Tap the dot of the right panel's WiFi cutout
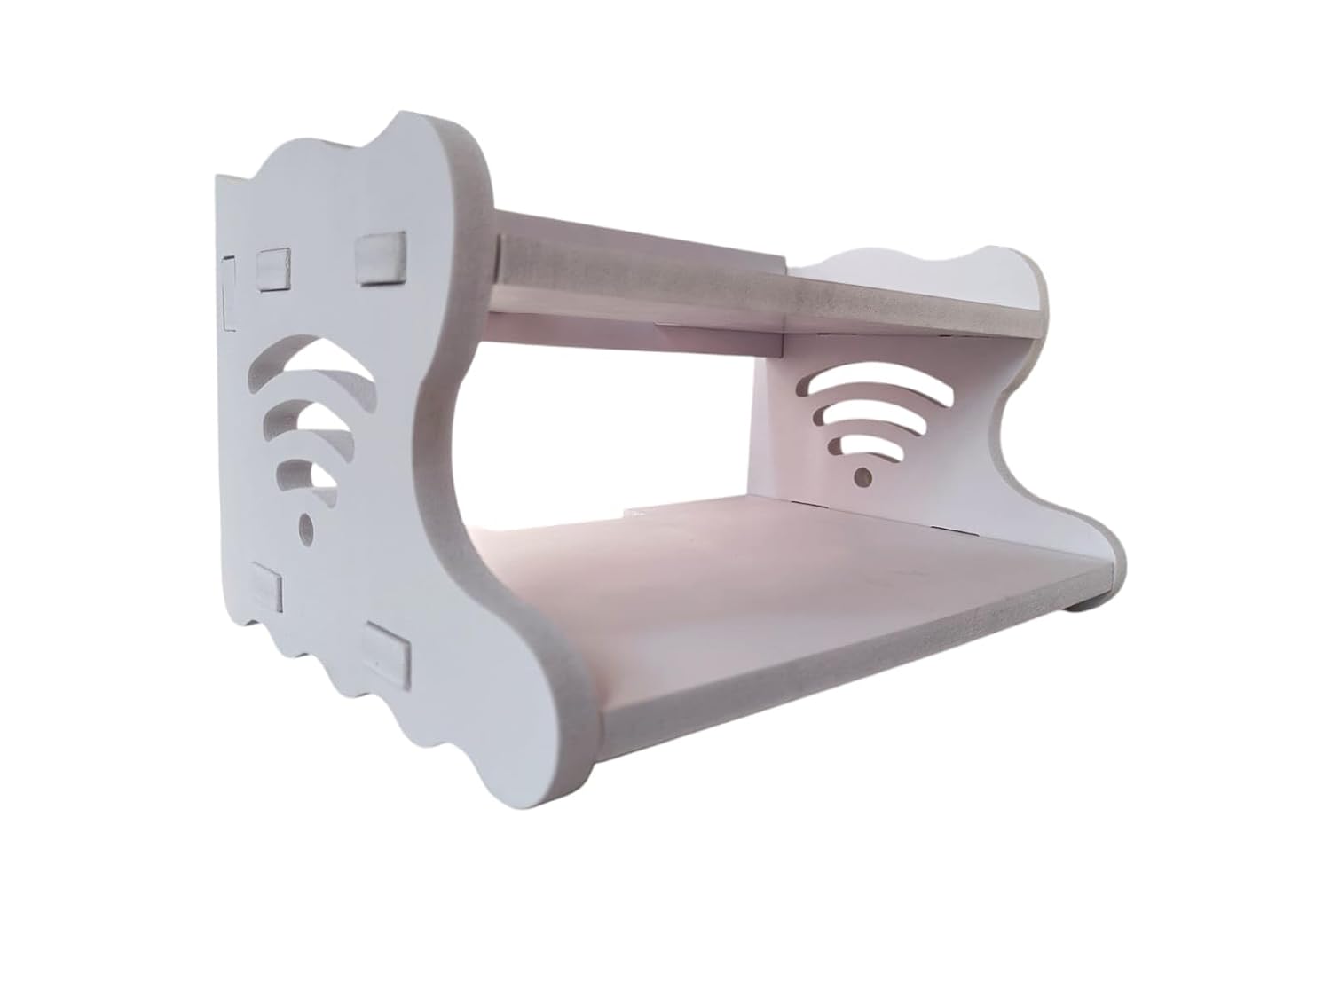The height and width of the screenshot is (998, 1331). coord(861,477)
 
